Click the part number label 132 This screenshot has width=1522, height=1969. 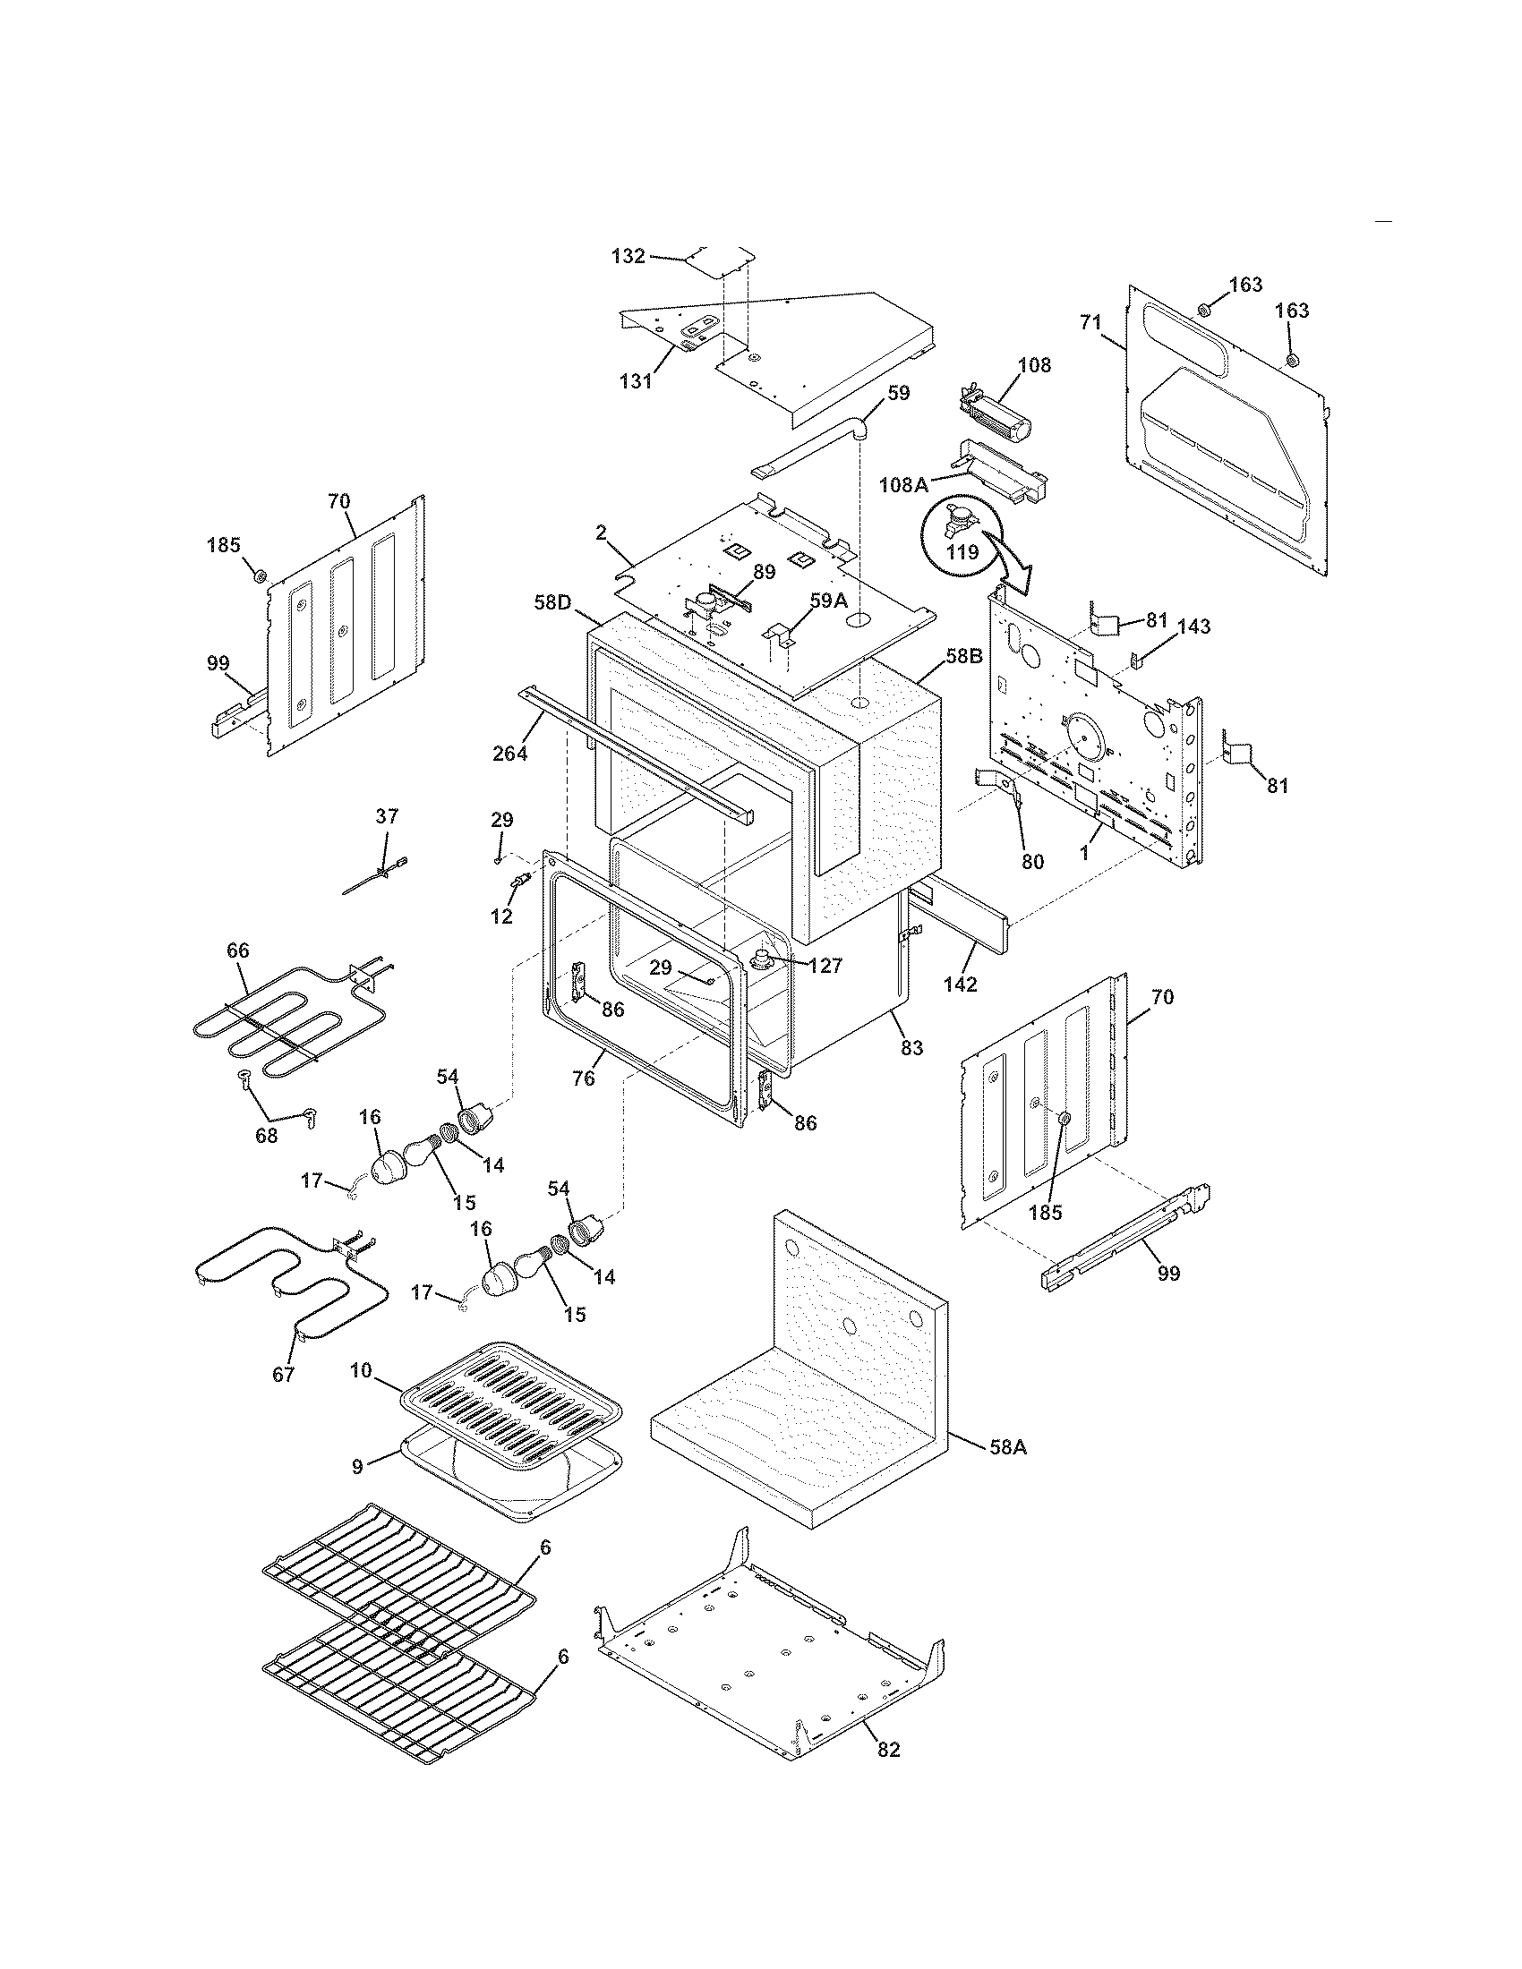coord(628,256)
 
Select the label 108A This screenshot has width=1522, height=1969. coord(903,485)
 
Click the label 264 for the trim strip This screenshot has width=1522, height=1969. coord(509,753)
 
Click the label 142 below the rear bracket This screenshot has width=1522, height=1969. coord(961,984)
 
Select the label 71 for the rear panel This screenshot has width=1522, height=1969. coord(1092,322)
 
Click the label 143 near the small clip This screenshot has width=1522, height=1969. coord(1193,626)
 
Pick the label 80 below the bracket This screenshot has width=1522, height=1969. coord(1032,861)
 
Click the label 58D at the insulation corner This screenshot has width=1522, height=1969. coord(552,601)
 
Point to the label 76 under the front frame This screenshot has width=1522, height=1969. coord(584,1078)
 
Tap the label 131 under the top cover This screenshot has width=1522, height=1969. coord(636,380)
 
